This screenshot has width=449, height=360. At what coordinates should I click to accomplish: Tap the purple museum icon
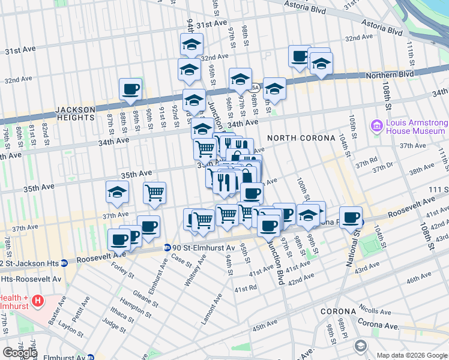(x=377, y=126)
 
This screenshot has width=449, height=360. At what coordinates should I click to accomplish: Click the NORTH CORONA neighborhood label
(x=301, y=138)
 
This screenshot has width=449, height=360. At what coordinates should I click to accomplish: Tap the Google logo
(x=20, y=353)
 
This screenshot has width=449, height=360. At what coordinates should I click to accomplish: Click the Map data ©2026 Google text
(x=412, y=355)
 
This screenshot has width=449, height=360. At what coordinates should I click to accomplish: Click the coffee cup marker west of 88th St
(x=130, y=90)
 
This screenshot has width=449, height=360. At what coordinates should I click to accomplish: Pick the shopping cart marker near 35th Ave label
(x=154, y=193)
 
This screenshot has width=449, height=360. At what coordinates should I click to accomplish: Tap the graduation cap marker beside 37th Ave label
(x=117, y=192)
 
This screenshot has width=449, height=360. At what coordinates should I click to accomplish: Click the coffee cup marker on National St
(x=351, y=217)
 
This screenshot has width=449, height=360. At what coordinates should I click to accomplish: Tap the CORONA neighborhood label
(x=339, y=312)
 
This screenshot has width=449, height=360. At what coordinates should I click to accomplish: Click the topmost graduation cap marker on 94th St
(x=191, y=44)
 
